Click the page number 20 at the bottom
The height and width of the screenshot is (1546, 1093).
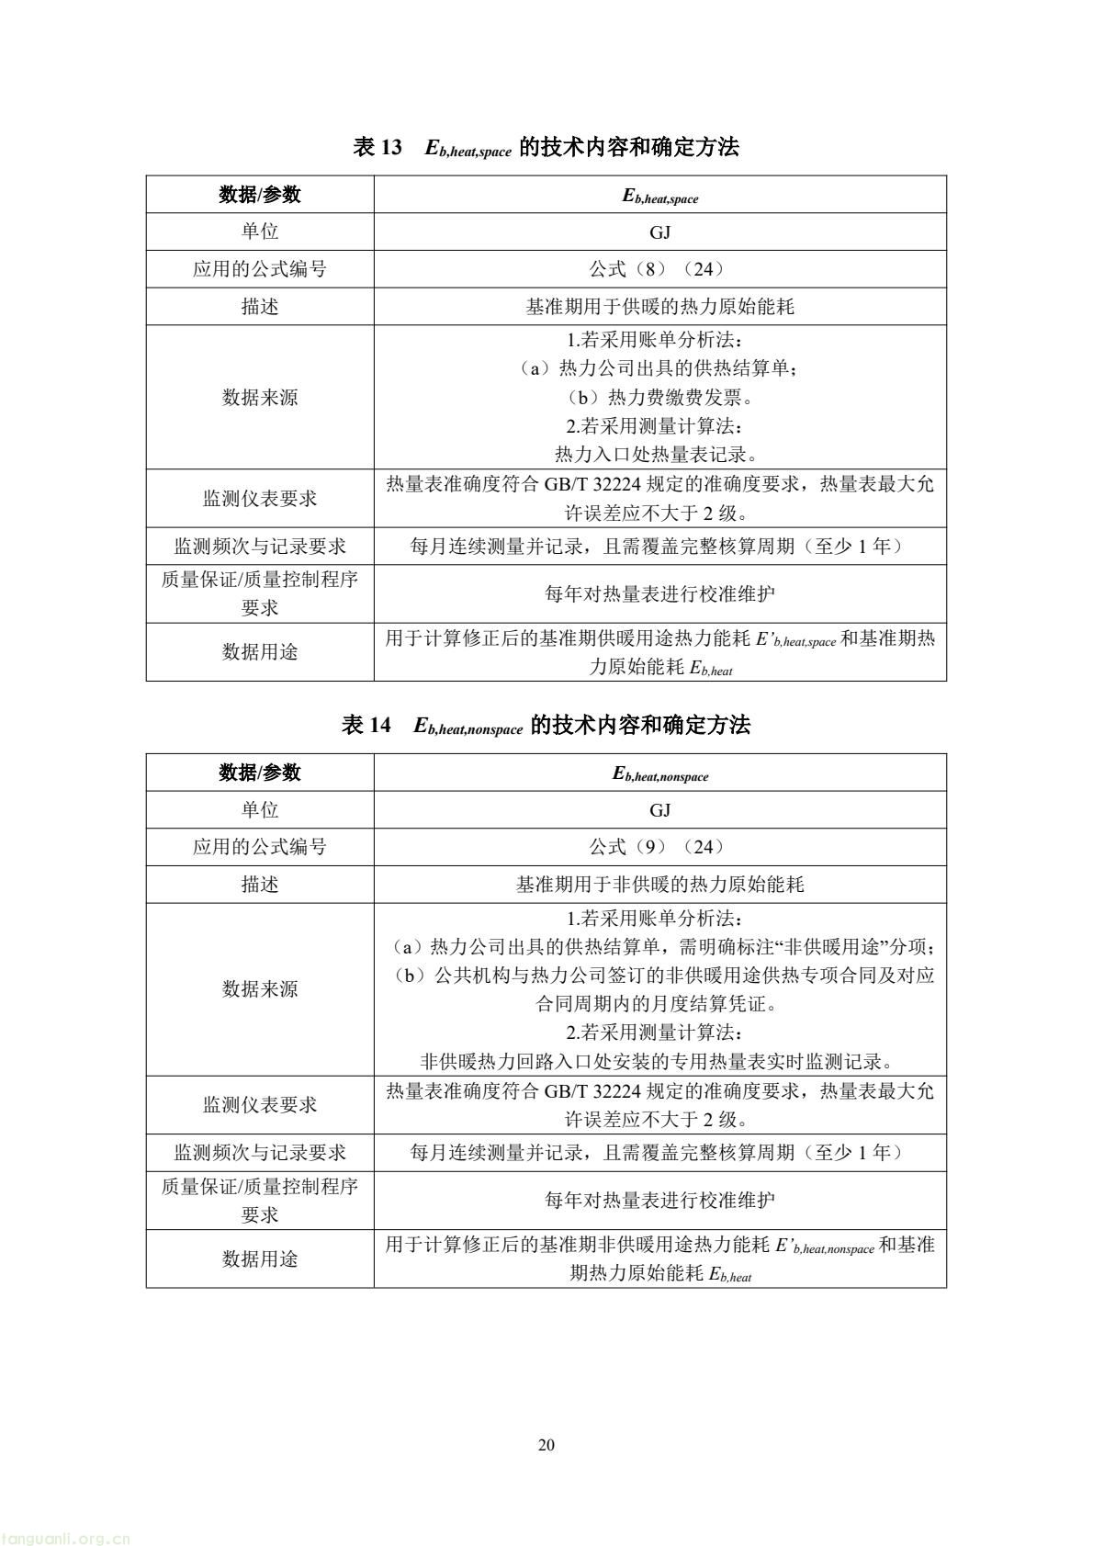(x=546, y=1445)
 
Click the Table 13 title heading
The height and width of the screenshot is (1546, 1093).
(x=546, y=147)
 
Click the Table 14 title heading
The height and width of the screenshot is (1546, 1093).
(x=546, y=726)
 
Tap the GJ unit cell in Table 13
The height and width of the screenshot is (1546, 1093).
(x=659, y=232)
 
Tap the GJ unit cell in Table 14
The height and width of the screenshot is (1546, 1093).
(x=659, y=810)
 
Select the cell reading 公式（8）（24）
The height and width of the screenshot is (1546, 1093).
(x=659, y=269)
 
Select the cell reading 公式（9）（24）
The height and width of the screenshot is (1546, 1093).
(x=659, y=847)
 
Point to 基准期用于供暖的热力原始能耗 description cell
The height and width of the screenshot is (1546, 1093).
(x=659, y=307)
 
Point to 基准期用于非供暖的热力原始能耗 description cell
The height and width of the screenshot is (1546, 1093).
(x=659, y=885)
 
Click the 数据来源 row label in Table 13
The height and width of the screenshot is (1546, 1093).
(x=260, y=398)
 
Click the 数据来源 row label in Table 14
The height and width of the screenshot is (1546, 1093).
(x=260, y=989)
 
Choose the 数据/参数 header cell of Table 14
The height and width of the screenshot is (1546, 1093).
(x=260, y=773)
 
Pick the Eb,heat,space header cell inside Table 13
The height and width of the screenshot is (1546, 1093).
(x=659, y=196)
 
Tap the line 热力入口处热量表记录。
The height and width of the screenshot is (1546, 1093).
(x=659, y=455)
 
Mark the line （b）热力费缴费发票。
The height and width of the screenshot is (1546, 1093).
(x=659, y=398)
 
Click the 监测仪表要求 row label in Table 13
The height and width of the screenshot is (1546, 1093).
(x=260, y=499)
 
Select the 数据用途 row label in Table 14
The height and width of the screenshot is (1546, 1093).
(x=260, y=1258)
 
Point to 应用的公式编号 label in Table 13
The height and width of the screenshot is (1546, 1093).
(x=260, y=269)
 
